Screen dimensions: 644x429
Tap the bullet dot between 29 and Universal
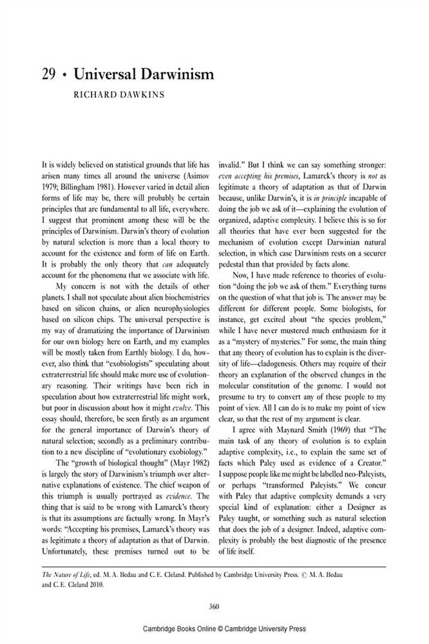pos(66,76)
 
